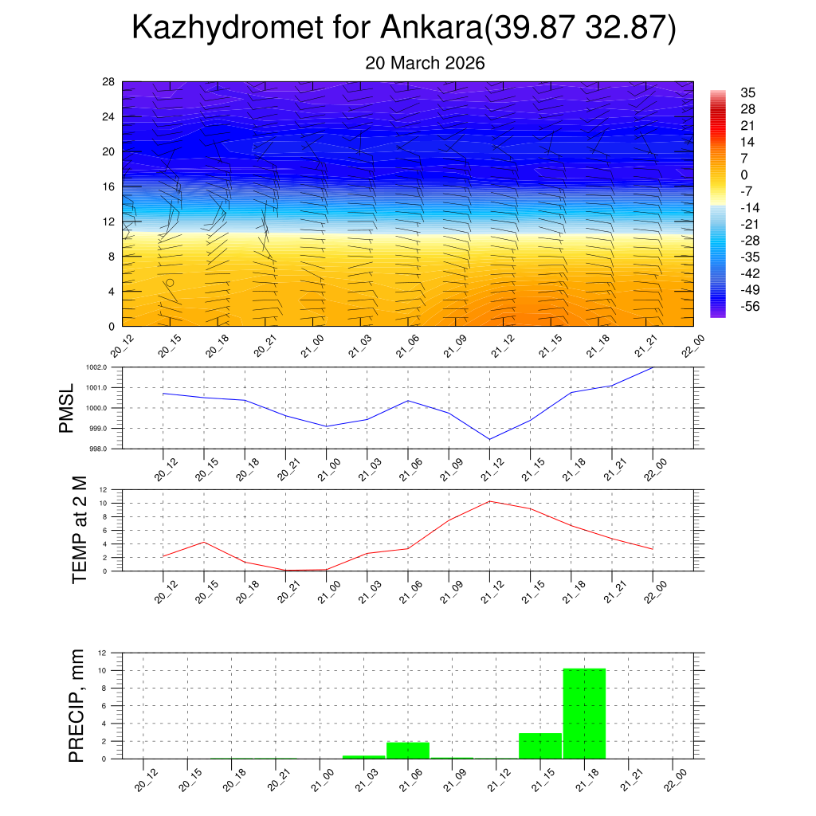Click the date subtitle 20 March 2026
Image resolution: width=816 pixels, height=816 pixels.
coord(425,63)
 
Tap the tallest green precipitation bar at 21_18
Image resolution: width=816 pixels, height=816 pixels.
coord(584,713)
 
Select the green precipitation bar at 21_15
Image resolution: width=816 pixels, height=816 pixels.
coord(540,746)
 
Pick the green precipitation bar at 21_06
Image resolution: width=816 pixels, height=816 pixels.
coord(408,750)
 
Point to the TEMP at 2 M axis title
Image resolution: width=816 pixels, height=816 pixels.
coord(79,530)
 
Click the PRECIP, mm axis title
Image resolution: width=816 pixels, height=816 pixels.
coord(76,706)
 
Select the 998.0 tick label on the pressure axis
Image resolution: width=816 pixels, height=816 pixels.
coord(106,449)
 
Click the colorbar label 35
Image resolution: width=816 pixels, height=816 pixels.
coord(747,92)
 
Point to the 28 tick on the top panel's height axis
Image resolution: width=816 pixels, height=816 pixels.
coord(108,82)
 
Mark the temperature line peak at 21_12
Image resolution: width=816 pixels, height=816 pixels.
coord(490,501)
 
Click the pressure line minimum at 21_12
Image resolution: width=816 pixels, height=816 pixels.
coord(489,439)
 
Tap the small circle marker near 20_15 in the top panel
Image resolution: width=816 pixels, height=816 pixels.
coord(170,283)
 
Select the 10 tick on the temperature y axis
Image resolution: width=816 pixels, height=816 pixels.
coord(104,504)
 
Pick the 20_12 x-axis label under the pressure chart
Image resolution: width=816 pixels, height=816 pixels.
coord(164,470)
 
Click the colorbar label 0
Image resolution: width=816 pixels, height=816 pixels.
coord(744,175)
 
